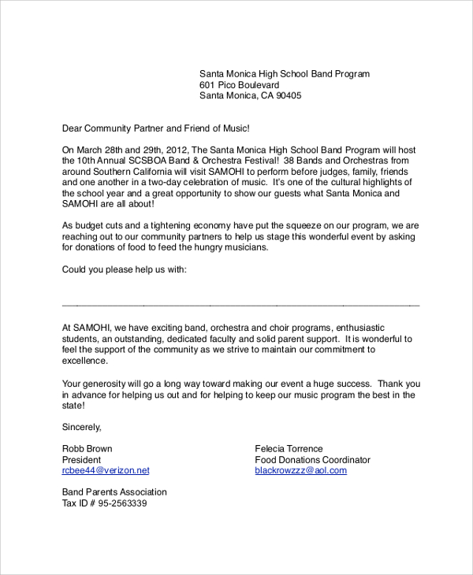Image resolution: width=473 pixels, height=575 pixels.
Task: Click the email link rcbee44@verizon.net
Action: [106, 471]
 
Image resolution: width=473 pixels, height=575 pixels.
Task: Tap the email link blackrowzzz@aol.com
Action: [300, 471]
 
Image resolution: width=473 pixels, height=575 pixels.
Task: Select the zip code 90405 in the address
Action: [288, 96]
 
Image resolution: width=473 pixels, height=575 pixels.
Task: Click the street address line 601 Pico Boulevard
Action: [239, 85]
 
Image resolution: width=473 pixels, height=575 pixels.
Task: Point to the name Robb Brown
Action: [87, 449]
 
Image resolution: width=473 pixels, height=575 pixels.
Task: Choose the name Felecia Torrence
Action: [289, 449]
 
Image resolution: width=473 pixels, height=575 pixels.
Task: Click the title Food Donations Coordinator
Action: [312, 460]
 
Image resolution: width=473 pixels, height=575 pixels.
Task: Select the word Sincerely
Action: [82, 427]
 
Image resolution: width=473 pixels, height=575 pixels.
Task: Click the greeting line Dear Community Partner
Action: [155, 128]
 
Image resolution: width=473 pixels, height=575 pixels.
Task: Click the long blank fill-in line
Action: [240, 305]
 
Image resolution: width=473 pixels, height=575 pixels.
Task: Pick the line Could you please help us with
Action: [124, 269]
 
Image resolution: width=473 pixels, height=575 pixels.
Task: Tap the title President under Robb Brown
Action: [81, 460]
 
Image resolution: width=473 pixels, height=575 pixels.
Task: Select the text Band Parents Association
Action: [114, 492]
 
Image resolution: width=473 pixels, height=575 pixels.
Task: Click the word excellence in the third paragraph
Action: [84, 361]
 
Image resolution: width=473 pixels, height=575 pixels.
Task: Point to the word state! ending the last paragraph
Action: [73, 406]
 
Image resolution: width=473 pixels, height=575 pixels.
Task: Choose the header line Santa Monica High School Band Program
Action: [284, 74]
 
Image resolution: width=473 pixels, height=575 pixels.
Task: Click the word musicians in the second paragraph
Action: [247, 247]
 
